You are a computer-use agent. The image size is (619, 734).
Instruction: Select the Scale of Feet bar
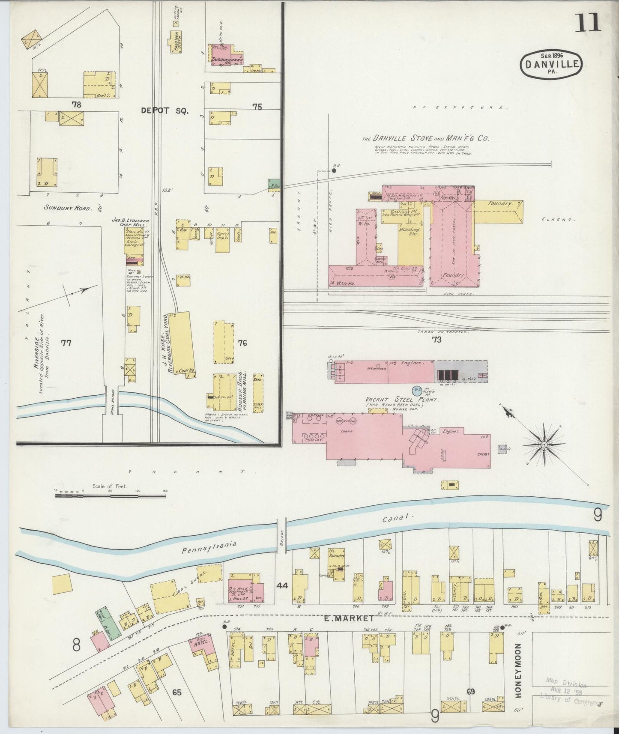click(110, 496)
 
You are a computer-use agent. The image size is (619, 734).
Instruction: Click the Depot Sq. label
click(164, 110)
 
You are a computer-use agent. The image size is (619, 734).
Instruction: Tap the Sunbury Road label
click(68, 208)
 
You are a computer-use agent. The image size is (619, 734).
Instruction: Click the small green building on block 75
click(274, 184)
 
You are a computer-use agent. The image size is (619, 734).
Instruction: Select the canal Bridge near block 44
click(281, 533)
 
